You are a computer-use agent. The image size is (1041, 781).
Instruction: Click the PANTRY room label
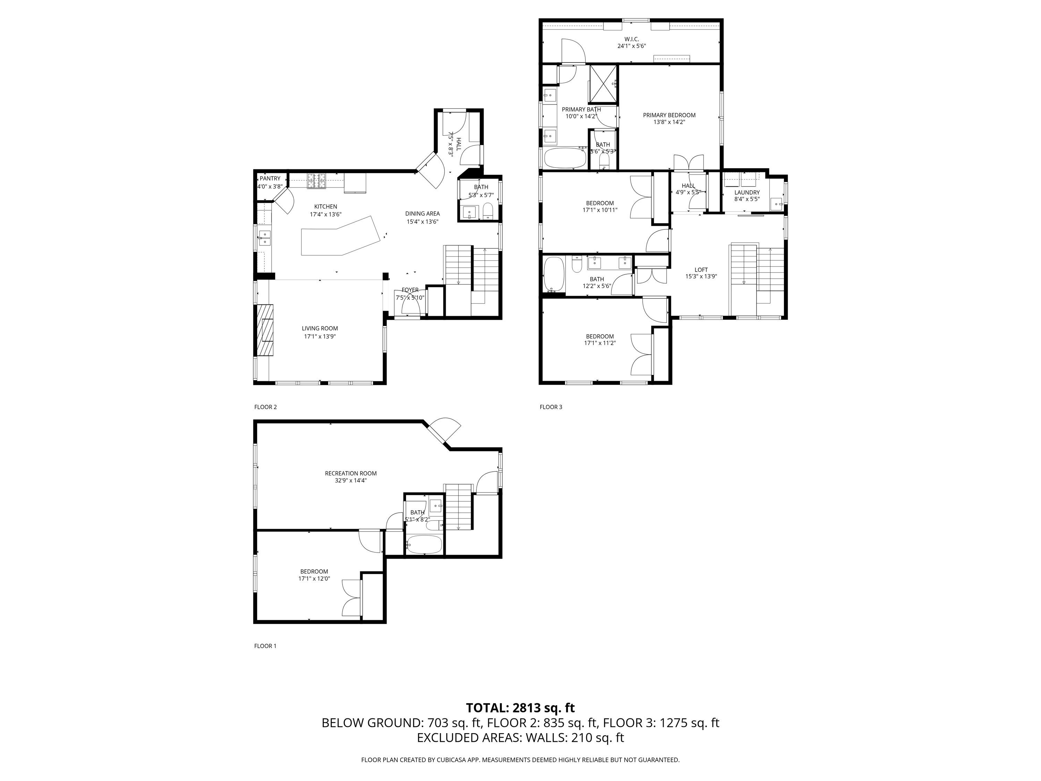[x=270, y=178]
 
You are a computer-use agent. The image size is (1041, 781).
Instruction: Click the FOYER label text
[x=409, y=290]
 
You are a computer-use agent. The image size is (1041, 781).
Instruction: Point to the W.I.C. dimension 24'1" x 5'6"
[x=631, y=46]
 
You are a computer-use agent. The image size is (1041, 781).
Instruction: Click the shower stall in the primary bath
[x=603, y=83]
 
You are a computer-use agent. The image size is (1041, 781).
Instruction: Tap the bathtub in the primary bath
[x=565, y=158]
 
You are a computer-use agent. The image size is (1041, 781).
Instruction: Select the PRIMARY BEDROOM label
[x=669, y=115]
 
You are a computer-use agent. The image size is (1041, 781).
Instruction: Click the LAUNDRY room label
[x=747, y=193]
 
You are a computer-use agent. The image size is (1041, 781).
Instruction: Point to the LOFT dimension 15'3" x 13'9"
[x=701, y=277]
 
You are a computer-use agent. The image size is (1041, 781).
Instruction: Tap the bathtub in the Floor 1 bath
[x=424, y=545]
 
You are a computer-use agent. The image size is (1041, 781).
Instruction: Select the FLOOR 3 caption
[x=551, y=407]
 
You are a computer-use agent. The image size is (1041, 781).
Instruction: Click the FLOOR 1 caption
[x=265, y=646]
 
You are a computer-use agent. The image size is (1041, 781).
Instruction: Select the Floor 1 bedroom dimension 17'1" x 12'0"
[x=314, y=579]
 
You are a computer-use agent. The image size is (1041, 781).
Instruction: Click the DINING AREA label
[x=422, y=214]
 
